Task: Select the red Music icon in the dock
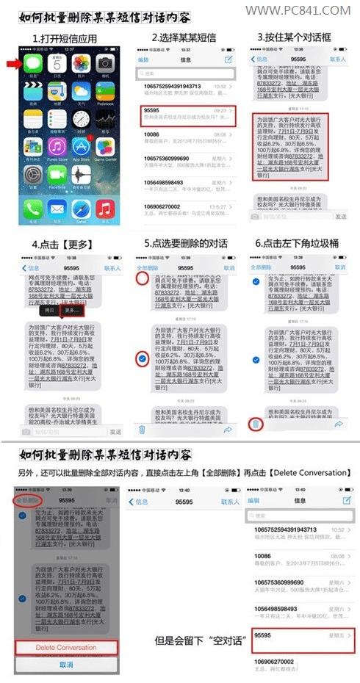pyautogui.click(x=104, y=209)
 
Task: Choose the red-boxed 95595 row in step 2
pyautogui.click(x=187, y=114)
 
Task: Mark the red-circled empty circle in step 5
pyautogui.click(x=142, y=278)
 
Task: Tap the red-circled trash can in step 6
pyautogui.click(x=255, y=424)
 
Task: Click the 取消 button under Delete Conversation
pyautogui.click(x=66, y=664)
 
